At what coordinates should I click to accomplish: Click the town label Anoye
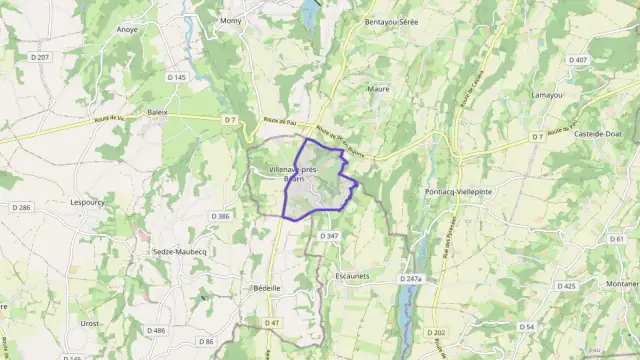[x=127, y=30]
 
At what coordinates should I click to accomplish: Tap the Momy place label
[x=231, y=20]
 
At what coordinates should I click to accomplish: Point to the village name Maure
[x=378, y=89]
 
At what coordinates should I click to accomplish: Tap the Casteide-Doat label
[x=600, y=136]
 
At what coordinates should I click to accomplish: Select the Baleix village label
[x=157, y=113]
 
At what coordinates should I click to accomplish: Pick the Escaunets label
[x=353, y=275]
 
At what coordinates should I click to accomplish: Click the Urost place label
[x=90, y=324]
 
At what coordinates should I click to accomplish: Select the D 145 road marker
[x=177, y=76]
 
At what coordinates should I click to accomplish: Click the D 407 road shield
[x=578, y=60]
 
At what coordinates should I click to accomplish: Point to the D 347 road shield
[x=329, y=235]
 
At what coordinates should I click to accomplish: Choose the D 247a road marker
[x=410, y=279]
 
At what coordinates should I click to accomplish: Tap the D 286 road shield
[x=21, y=207]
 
